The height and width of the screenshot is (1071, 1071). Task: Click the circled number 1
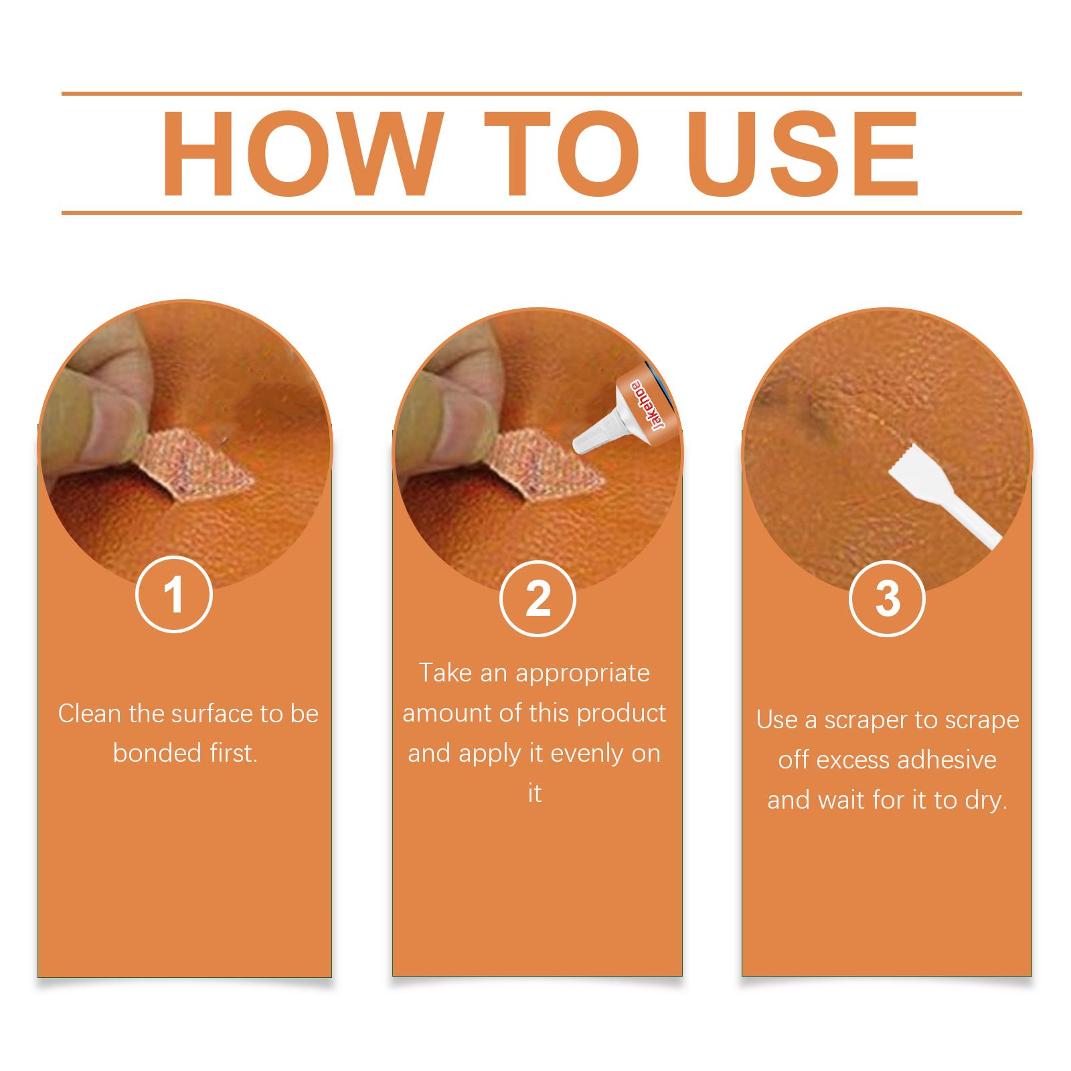pos(173,595)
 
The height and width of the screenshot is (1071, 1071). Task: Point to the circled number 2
pos(538,598)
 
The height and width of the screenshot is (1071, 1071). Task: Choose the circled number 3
pos(887,598)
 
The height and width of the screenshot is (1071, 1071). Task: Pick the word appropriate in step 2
pos(582,673)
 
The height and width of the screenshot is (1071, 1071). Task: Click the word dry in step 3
pos(986,801)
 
